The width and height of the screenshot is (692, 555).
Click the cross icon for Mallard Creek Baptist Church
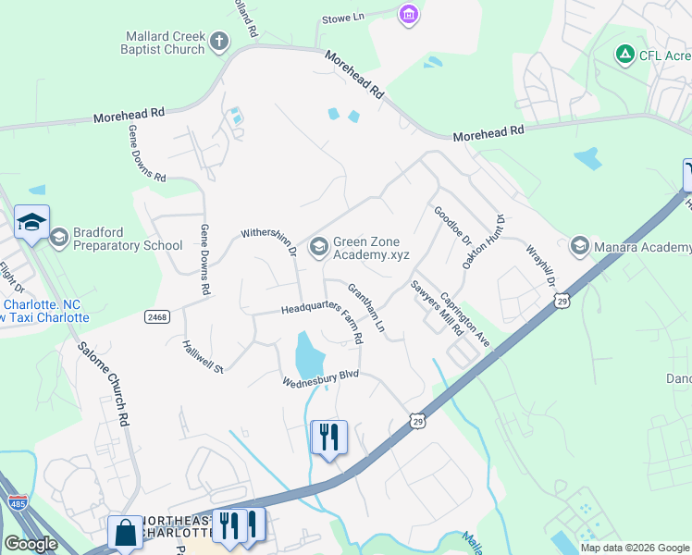[218, 42]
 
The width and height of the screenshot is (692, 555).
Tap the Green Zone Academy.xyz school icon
[319, 246]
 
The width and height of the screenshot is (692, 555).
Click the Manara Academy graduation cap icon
[580, 245]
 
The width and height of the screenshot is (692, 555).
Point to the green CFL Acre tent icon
[624, 55]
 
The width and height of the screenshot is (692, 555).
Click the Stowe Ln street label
[343, 18]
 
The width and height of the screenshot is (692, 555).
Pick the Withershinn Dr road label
[268, 241]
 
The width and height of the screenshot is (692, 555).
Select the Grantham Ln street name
[365, 308]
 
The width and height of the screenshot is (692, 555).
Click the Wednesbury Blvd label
[320, 377]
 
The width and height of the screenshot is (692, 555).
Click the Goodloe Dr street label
[452, 228]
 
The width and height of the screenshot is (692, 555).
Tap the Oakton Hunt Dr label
[484, 240]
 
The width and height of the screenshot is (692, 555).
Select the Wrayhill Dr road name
[542, 266]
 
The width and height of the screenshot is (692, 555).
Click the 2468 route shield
[157, 316]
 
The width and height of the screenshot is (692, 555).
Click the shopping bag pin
[125, 534]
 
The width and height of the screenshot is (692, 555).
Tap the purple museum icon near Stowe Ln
[408, 14]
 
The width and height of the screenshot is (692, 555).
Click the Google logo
[31, 544]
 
